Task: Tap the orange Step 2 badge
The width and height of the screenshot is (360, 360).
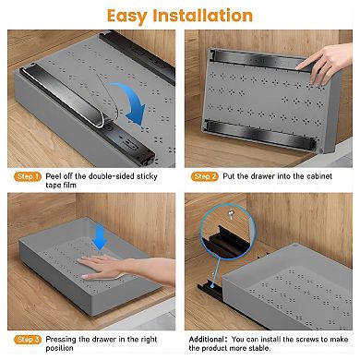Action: [205, 176]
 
